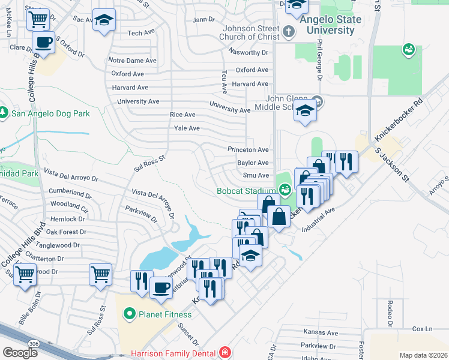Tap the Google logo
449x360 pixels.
20,352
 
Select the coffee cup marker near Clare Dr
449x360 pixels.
43,43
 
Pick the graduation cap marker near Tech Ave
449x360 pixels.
104,20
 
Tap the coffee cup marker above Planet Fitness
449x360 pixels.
161,287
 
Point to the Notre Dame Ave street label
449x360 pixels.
132,61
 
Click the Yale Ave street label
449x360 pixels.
186,128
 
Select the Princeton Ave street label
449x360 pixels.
248,149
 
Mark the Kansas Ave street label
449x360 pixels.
321,333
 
